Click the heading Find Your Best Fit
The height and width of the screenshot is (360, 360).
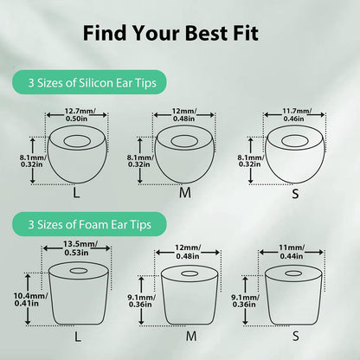[170, 33]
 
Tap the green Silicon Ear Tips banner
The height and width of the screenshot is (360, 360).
[89, 82]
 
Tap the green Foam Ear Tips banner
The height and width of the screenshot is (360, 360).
[89, 224]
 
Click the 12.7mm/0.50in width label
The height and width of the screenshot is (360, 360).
[77, 114]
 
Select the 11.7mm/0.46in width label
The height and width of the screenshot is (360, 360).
[294, 114]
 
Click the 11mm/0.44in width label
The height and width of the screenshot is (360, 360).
[292, 252]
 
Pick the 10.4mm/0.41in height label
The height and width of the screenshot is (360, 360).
[30, 299]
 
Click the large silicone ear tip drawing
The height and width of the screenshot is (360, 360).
[77, 154]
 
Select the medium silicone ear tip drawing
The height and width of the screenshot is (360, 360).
[184, 154]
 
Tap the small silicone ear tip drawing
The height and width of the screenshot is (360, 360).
[294, 154]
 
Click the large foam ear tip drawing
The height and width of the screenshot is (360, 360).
[79, 293]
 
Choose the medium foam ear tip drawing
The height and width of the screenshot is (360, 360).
[190, 295]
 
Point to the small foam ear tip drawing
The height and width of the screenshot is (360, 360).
[294, 295]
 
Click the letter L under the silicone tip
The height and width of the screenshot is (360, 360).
[76, 193]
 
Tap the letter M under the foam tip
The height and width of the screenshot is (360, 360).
[191, 336]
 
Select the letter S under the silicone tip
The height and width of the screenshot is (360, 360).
[295, 194]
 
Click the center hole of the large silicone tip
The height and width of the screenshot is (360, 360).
[77, 141]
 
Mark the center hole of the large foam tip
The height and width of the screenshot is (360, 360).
[79, 271]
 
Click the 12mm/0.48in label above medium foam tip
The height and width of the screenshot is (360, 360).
[188, 252]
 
